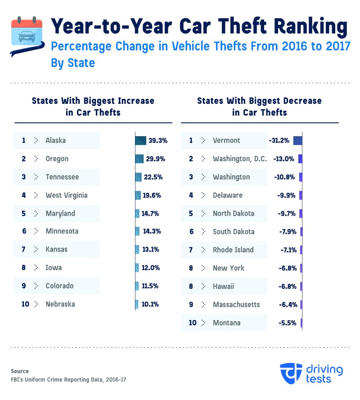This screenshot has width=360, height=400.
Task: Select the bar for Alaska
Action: tap(140, 140)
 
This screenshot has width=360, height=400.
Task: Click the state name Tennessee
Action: tap(62, 177)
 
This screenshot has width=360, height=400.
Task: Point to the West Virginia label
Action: tap(67, 195)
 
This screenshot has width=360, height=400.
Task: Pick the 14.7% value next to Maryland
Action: tap(150, 213)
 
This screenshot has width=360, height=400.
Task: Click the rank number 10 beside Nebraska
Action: tap(25, 304)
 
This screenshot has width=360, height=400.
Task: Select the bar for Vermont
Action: tap(297, 140)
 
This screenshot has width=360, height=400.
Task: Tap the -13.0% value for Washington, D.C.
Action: tap(284, 159)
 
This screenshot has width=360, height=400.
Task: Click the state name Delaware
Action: tap(228, 195)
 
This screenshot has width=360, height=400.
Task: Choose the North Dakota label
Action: tap(234, 213)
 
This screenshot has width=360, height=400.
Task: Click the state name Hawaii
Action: tap(224, 286)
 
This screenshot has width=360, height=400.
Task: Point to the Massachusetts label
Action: tap(236, 304)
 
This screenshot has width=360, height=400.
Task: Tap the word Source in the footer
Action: tap(20, 371)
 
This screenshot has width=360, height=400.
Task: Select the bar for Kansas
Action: tap(137, 249)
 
